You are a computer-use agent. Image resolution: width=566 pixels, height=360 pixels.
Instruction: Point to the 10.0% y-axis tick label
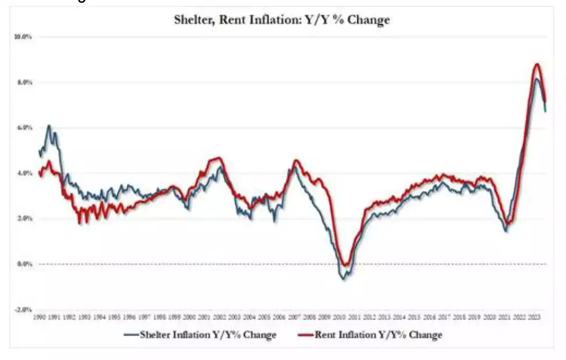point(23,37)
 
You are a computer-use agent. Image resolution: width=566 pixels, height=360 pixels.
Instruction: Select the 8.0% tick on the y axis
point(23,82)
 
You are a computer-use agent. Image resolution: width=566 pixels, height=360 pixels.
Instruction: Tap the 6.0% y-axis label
point(23,128)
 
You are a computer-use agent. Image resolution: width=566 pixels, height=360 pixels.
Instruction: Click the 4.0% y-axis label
point(23,173)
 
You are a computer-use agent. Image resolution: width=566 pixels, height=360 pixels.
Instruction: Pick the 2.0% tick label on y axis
point(23,218)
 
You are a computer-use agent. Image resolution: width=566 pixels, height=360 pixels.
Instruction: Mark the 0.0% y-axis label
point(23,264)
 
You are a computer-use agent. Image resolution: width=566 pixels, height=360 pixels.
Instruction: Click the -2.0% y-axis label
point(23,309)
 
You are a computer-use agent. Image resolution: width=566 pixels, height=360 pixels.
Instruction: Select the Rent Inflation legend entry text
point(378,334)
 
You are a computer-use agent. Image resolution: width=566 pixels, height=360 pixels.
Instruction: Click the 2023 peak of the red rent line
point(537,64)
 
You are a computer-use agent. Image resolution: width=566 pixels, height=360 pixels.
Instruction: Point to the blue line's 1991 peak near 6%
point(49,126)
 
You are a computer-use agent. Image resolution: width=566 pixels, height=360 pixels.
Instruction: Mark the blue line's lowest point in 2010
point(343,279)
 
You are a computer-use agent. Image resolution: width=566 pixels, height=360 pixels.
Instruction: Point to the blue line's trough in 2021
point(506,231)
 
